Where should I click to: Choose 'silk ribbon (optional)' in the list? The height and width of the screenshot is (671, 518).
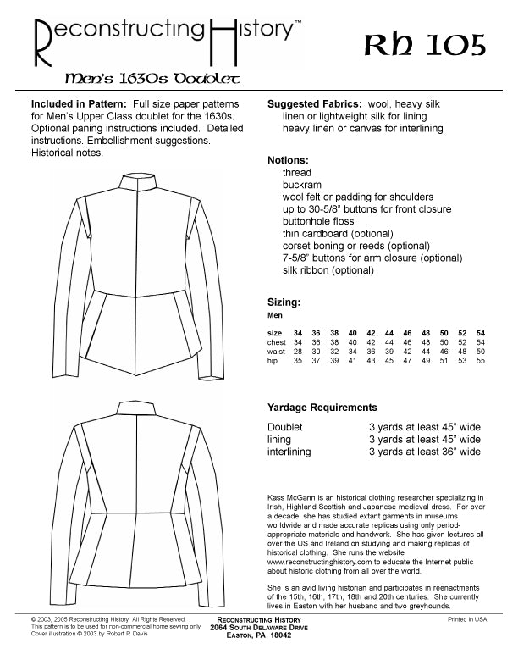(x=328, y=270)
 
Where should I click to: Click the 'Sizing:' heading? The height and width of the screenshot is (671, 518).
(x=284, y=302)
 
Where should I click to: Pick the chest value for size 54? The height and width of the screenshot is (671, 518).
(x=481, y=341)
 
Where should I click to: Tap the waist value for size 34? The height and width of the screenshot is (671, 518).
(x=298, y=351)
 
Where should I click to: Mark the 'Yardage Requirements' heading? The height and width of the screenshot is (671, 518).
(x=322, y=408)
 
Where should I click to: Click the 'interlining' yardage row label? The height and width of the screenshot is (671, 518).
(x=289, y=452)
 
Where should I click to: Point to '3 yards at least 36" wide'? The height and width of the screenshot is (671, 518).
(x=424, y=452)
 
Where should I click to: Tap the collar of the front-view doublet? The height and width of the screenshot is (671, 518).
(x=135, y=182)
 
